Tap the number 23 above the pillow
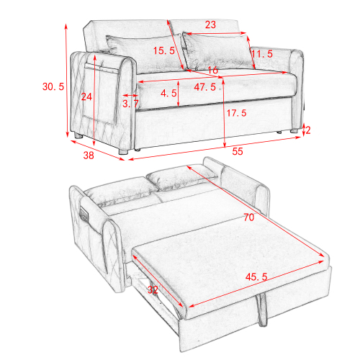210,24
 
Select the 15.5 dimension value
164,50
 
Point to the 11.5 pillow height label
261,54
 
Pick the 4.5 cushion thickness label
168,94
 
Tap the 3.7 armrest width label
130,104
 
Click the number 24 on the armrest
86,96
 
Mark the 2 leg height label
307,130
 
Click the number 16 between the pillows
212,71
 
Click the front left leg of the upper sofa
123,152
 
